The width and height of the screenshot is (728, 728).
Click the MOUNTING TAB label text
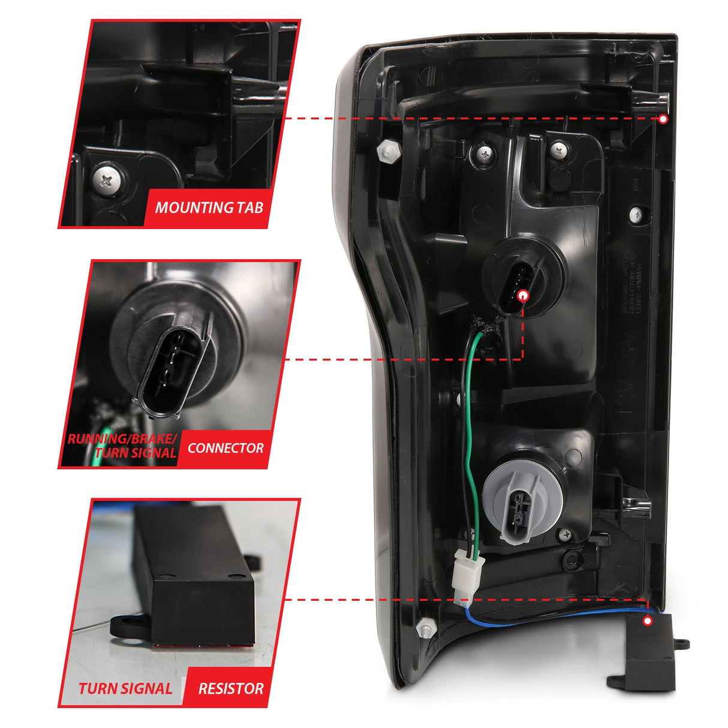tap(209, 208)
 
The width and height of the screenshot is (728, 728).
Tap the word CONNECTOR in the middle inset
tap(225, 448)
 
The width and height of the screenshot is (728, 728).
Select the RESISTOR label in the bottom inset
tap(230, 688)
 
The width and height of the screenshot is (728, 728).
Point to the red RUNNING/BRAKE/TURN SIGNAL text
tap(122, 446)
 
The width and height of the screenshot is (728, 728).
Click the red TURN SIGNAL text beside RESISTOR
tap(125, 688)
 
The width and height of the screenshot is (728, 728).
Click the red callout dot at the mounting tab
tap(663, 119)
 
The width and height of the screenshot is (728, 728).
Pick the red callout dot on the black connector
tap(522, 295)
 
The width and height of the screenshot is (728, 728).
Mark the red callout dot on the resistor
tap(647, 621)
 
